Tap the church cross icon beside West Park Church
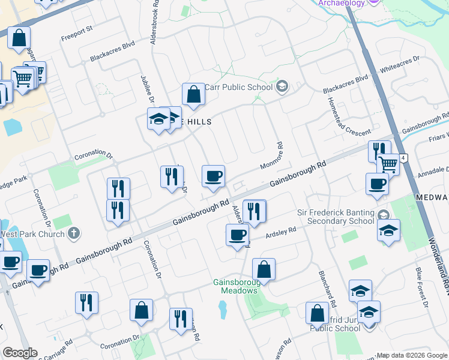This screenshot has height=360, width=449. click(74, 233)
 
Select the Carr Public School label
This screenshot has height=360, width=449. click(239, 87)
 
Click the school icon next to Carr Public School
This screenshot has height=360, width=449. click(281, 88)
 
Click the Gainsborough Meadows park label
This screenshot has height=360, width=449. click(235, 287)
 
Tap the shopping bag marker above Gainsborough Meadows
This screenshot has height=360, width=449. click(264, 270)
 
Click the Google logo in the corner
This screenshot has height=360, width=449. click(20, 353)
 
